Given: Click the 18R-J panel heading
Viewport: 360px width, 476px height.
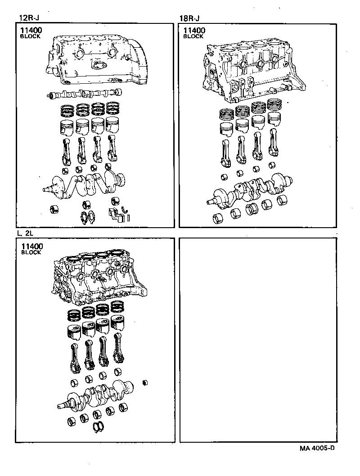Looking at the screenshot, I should [189, 18].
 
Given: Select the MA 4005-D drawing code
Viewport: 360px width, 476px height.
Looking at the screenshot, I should [317, 449].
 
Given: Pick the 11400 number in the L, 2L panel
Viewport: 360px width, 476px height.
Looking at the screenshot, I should [31, 246].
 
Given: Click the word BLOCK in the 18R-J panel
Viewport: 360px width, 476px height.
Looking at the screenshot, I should [193, 37].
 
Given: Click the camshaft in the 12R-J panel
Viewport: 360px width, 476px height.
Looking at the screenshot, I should [85, 94].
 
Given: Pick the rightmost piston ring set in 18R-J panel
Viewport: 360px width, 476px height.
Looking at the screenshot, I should [274, 104].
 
